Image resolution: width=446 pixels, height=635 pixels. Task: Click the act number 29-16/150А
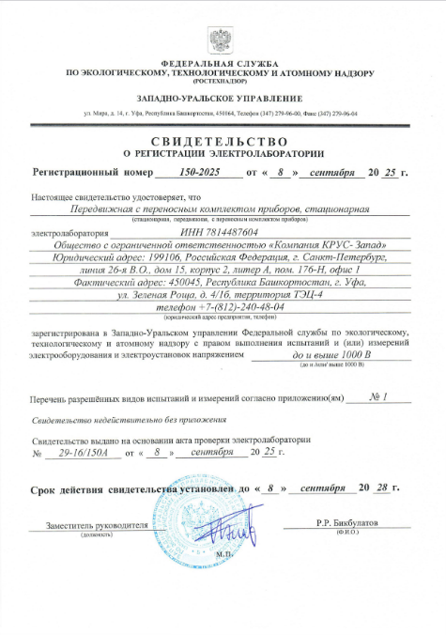coord(84,453)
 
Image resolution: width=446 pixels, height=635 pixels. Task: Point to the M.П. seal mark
coord(222,556)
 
